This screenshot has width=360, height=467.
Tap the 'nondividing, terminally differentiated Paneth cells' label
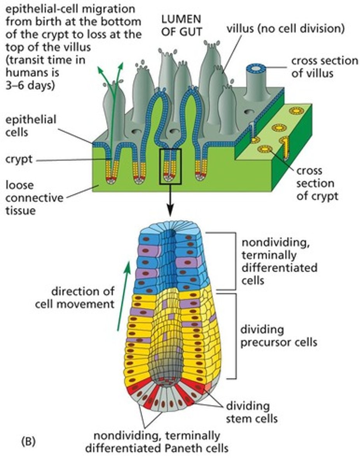(x=156, y=441)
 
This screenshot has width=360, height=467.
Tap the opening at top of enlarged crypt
(x=170, y=234)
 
